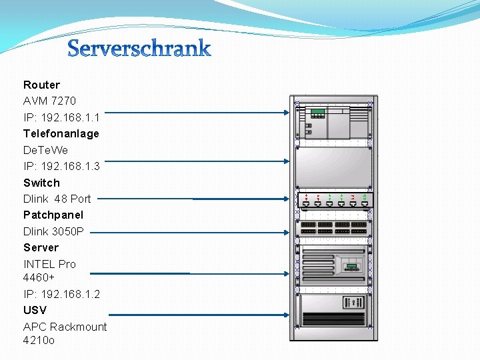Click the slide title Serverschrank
(x=139, y=49)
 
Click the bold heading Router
(x=41, y=85)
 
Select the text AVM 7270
(x=49, y=101)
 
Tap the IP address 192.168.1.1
(x=61, y=117)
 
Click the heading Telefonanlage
(x=61, y=133)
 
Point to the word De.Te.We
(x=45, y=150)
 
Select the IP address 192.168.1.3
(x=61, y=166)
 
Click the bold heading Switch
(x=41, y=183)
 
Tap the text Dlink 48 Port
(x=57, y=199)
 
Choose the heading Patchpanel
(x=53, y=215)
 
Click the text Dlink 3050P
(x=53, y=231)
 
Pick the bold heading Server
(x=41, y=247)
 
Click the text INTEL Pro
(x=49, y=264)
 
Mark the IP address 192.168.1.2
(x=61, y=294)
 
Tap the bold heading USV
(x=35, y=310)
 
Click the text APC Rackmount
(x=65, y=327)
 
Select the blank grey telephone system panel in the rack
(x=333, y=167)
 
